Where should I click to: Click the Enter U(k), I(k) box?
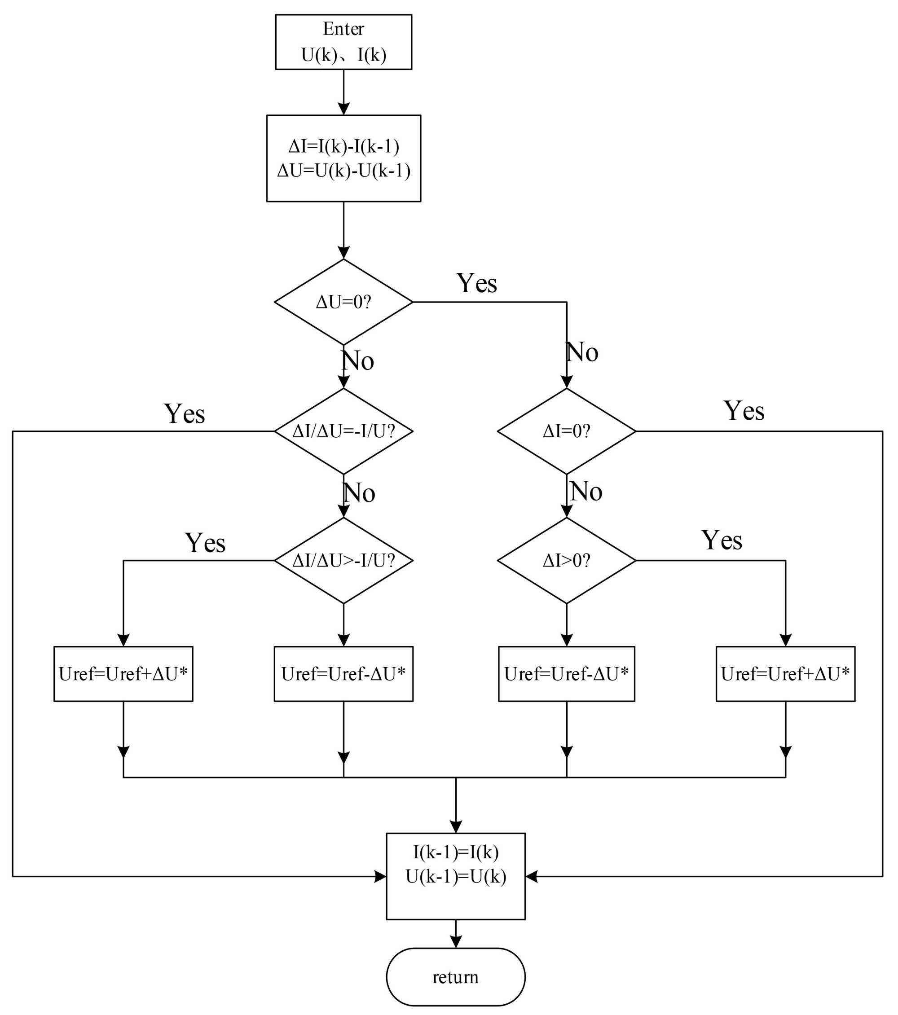(343, 42)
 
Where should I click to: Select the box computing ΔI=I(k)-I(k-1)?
(343, 158)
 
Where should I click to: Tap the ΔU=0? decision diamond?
(343, 302)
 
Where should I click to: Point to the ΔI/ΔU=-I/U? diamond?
(343, 431)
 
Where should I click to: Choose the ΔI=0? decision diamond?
(566, 431)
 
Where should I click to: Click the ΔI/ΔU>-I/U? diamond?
(343, 560)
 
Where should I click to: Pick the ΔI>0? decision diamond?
(566, 560)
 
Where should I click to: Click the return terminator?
(455, 977)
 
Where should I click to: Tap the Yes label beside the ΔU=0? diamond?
(476, 284)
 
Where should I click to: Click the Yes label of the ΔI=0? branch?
(744, 411)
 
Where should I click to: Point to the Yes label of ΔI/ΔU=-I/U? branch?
(184, 413)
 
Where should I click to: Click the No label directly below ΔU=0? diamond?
(357, 360)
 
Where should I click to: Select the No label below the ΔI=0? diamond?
(585, 491)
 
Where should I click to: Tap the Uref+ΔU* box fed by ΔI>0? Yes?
(785, 674)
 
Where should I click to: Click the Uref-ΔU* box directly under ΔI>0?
(566, 674)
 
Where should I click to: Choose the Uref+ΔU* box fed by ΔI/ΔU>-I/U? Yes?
(123, 674)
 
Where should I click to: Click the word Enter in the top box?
(343, 29)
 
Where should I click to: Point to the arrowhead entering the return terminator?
(455, 941)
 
